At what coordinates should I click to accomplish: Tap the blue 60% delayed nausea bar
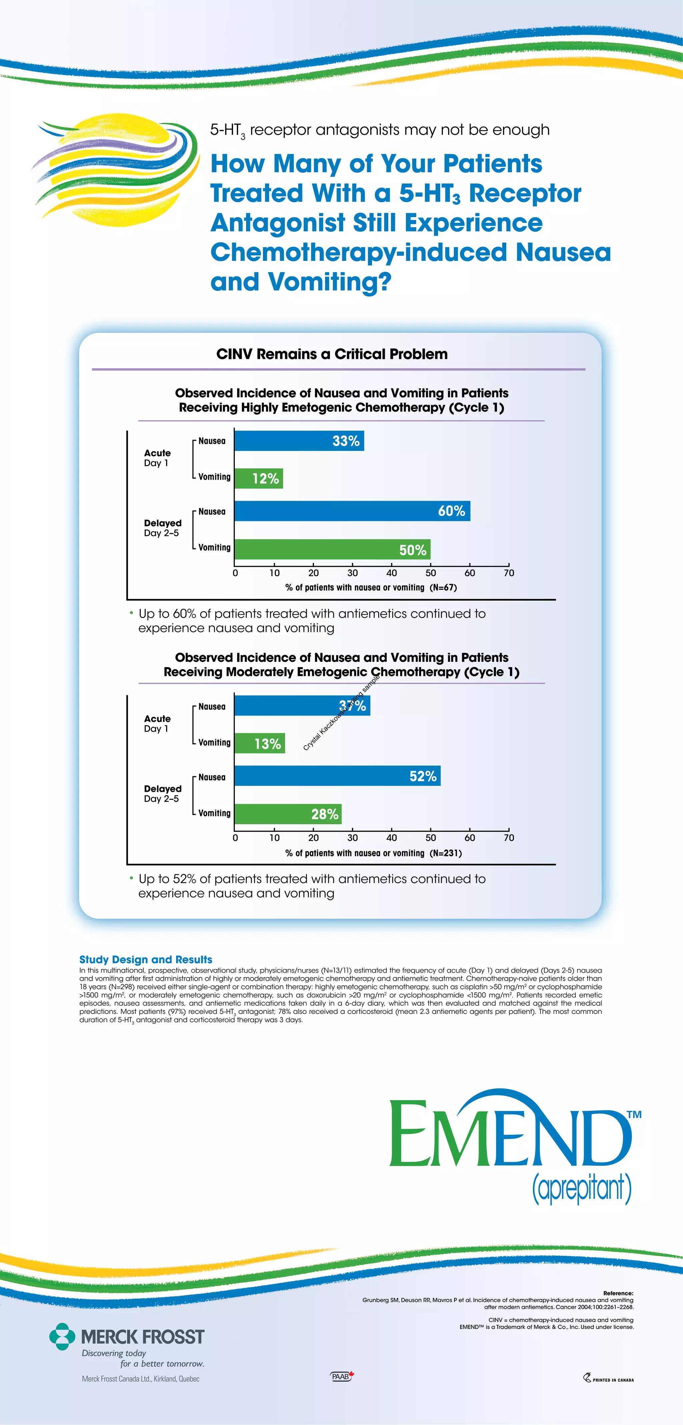(x=352, y=511)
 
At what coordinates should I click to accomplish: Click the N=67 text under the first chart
(x=443, y=587)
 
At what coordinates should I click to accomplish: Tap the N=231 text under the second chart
(x=445, y=853)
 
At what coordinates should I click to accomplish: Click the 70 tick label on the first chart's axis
(x=509, y=573)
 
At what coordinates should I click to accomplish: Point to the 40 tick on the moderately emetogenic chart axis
(x=392, y=838)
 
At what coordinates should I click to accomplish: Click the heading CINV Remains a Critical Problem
(x=332, y=354)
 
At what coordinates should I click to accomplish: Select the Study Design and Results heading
(x=145, y=960)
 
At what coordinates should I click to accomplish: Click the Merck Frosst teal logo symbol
(x=62, y=1337)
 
